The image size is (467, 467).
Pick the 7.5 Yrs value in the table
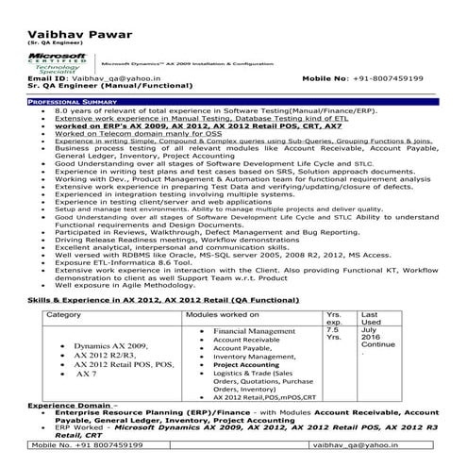click(x=333, y=332)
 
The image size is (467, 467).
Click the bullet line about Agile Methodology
click(x=124, y=286)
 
